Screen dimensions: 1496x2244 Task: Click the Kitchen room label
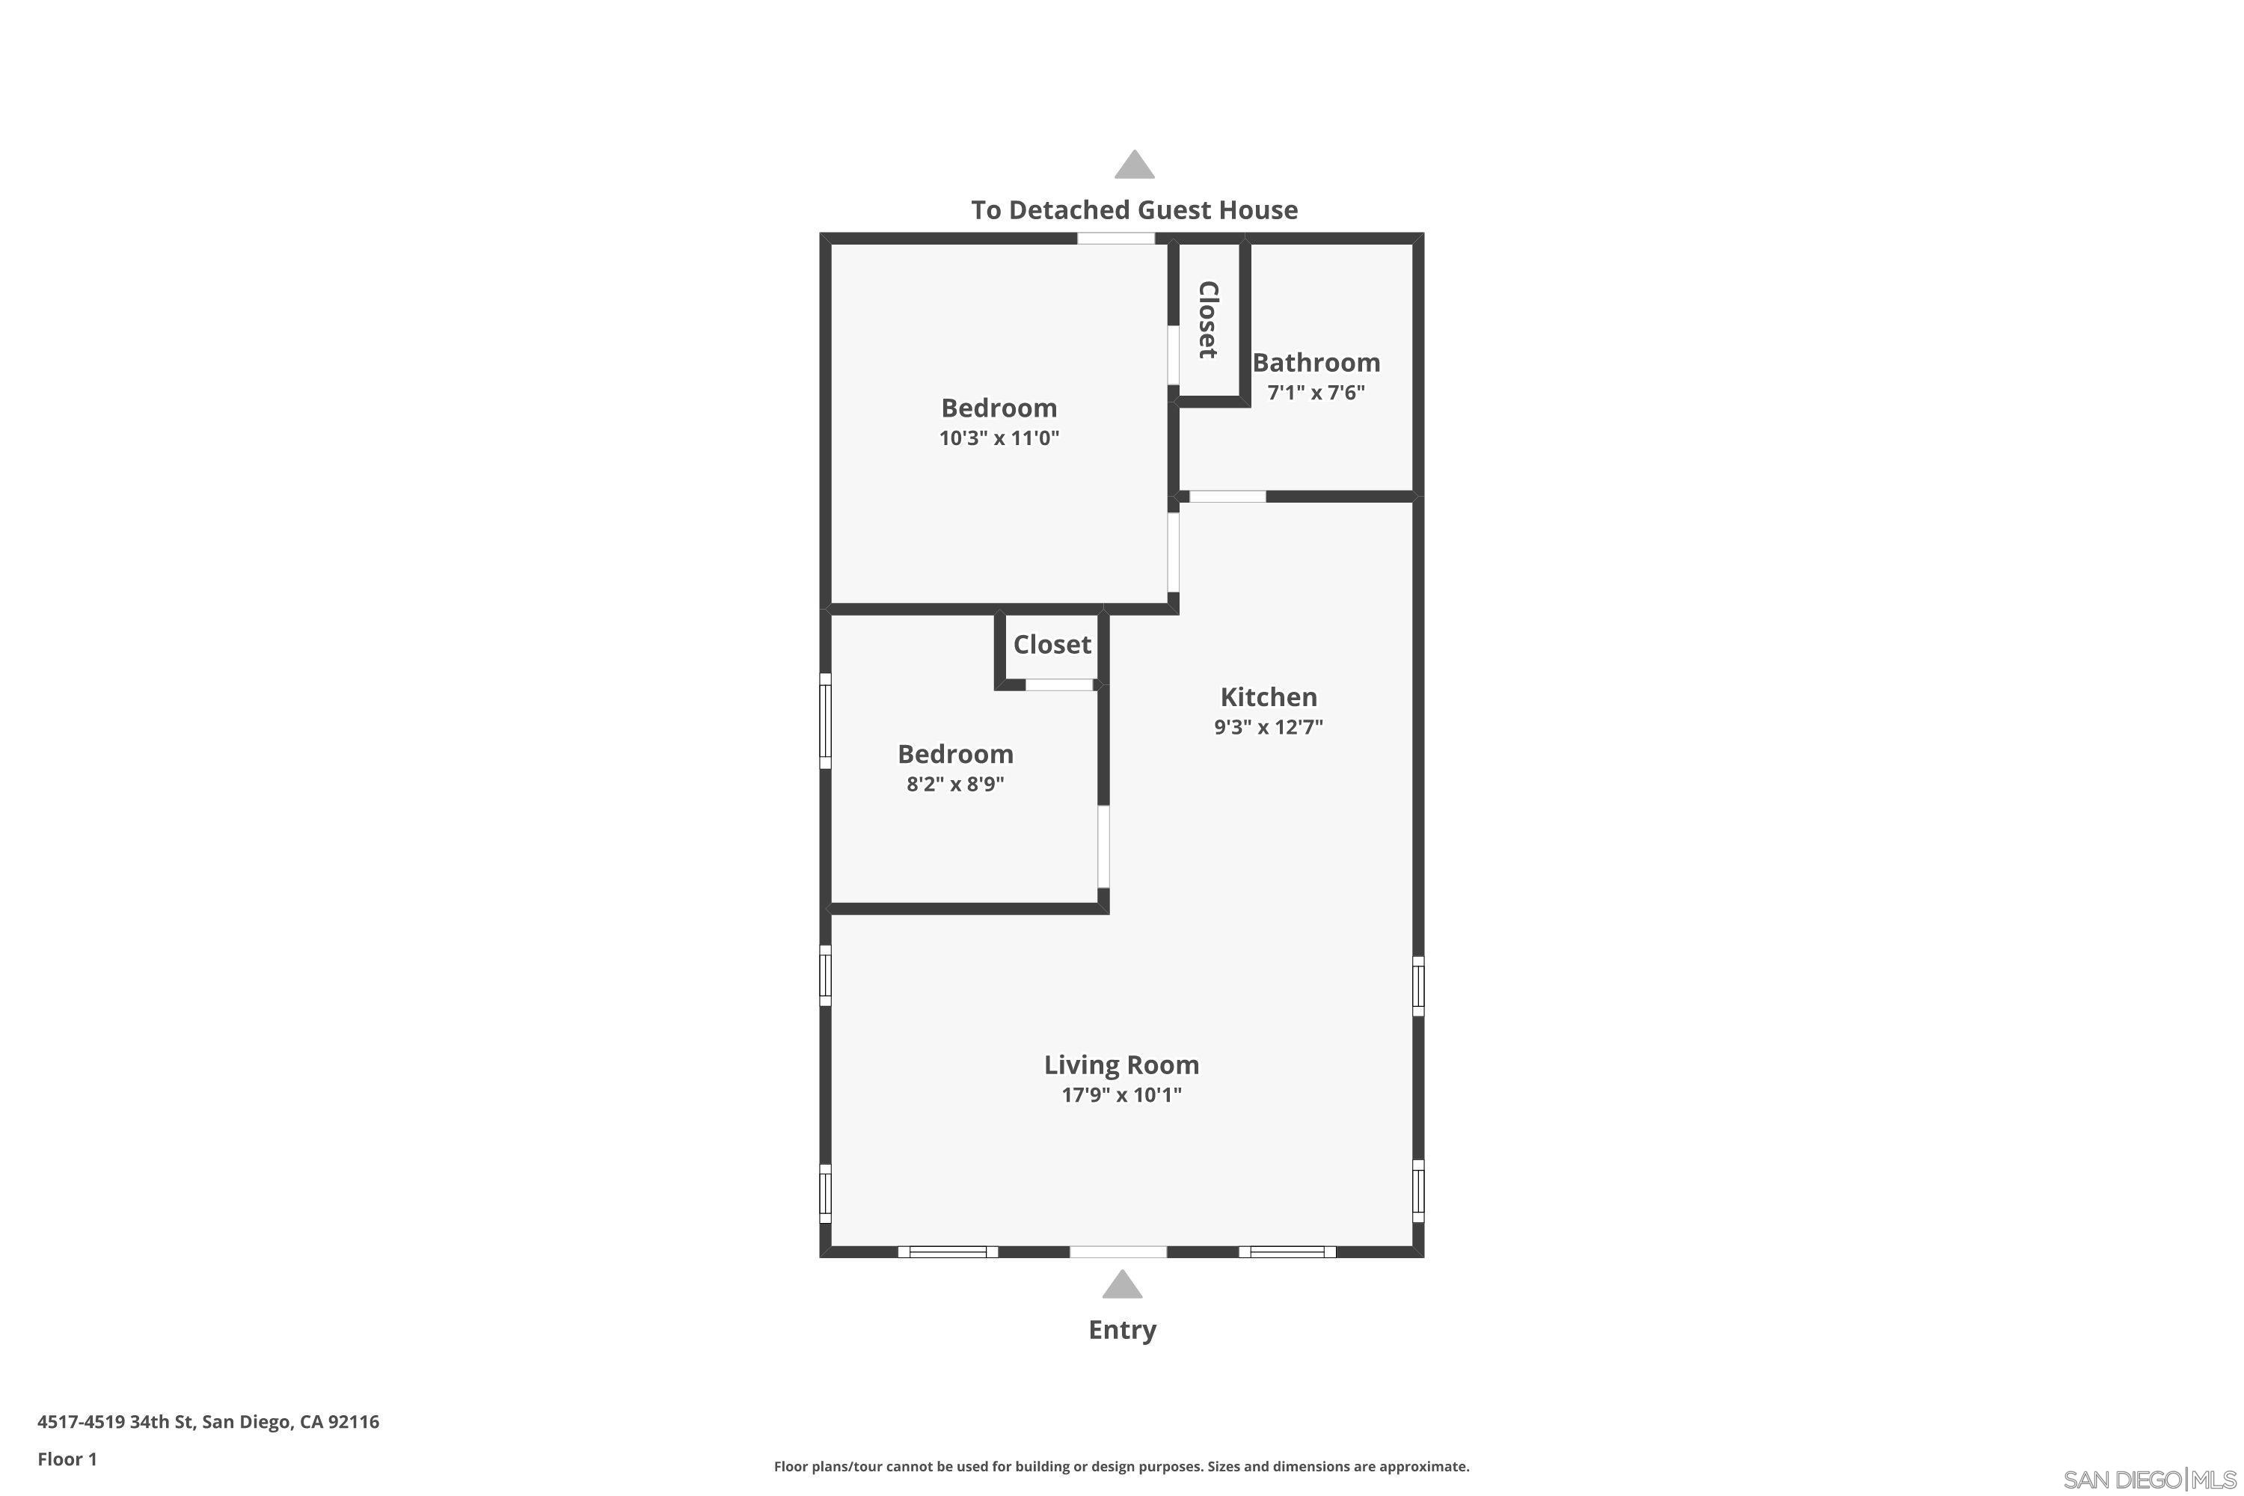pyautogui.click(x=1268, y=696)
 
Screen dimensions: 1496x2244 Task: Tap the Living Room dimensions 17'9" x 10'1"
pyautogui.click(x=1121, y=1094)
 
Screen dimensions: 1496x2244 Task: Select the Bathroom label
pyautogui.click(x=1316, y=363)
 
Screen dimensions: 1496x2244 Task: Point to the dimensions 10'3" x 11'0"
pyautogui.click(x=999, y=438)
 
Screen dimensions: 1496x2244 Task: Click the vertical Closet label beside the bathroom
pyautogui.click(x=1208, y=319)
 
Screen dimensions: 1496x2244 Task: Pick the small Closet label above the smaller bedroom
pyautogui.click(x=1052, y=645)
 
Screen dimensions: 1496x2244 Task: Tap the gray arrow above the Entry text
pyautogui.click(x=1122, y=1285)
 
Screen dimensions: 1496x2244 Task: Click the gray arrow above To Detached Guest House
pyautogui.click(x=1135, y=165)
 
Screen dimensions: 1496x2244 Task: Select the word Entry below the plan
pyautogui.click(x=1122, y=1330)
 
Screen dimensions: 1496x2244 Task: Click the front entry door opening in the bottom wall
pyautogui.click(x=1118, y=1251)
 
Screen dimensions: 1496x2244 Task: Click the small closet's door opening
pyautogui.click(x=1059, y=684)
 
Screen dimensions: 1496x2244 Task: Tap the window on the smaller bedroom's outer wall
pyautogui.click(x=825, y=720)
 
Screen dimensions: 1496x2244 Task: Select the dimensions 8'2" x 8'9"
pyautogui.click(x=955, y=784)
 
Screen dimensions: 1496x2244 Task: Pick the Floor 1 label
pyautogui.click(x=67, y=1459)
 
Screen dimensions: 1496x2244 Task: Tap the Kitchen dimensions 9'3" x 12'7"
pyautogui.click(x=1268, y=727)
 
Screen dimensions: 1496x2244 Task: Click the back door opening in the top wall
pyautogui.click(x=1116, y=238)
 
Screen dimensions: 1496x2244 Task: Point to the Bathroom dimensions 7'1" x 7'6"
pyautogui.click(x=1316, y=392)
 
